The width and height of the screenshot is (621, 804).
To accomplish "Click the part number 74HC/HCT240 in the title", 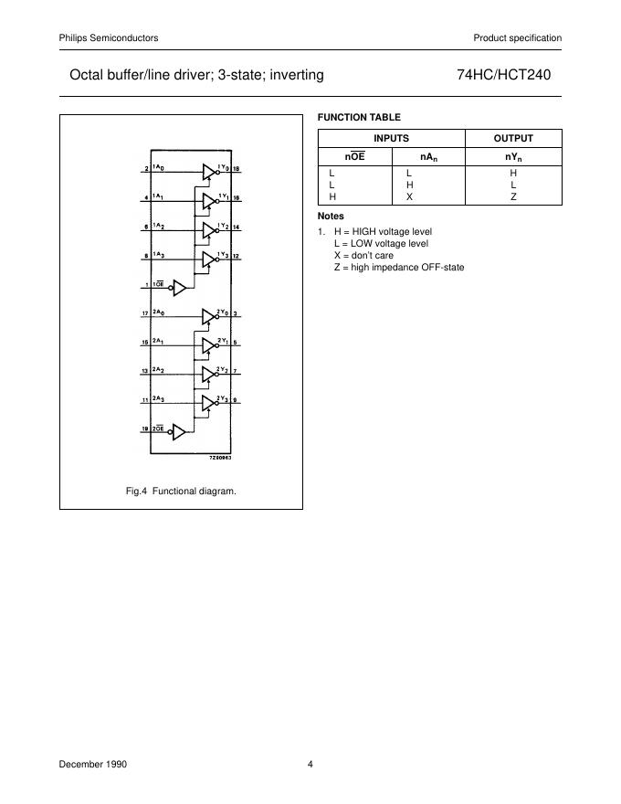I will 503,75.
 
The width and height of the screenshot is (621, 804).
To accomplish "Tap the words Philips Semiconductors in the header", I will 109,37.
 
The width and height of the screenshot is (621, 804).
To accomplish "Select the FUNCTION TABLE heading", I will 359,117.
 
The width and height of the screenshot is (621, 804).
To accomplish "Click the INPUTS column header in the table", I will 392,138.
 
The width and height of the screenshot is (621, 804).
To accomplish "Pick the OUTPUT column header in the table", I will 513,138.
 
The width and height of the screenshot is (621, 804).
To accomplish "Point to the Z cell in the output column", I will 513,196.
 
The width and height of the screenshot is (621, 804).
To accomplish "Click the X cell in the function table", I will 410,196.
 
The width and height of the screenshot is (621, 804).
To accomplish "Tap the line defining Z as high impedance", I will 399,267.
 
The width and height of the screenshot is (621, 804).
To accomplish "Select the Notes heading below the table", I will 331,217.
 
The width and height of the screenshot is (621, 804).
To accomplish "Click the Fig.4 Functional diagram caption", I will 181,492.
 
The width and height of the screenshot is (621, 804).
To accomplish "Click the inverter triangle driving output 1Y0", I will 208,170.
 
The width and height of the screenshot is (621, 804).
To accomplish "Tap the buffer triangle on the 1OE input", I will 180,287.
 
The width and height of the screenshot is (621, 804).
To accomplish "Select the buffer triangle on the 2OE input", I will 180,430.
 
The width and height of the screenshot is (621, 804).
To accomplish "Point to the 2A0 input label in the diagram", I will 160,313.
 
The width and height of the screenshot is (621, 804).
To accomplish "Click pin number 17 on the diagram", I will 145,314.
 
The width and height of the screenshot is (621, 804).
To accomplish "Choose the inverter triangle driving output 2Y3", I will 208,402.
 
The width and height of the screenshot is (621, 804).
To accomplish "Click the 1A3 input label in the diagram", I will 159,254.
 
